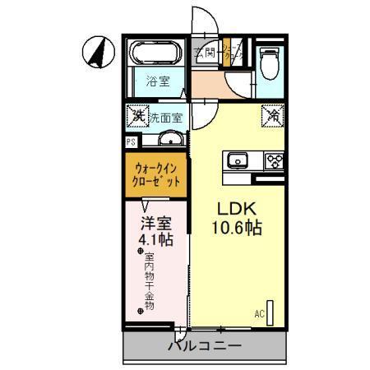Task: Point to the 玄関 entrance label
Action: click(205, 54)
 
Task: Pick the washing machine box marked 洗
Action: click(136, 116)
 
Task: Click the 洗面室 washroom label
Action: click(165, 117)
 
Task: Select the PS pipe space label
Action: click(130, 141)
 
